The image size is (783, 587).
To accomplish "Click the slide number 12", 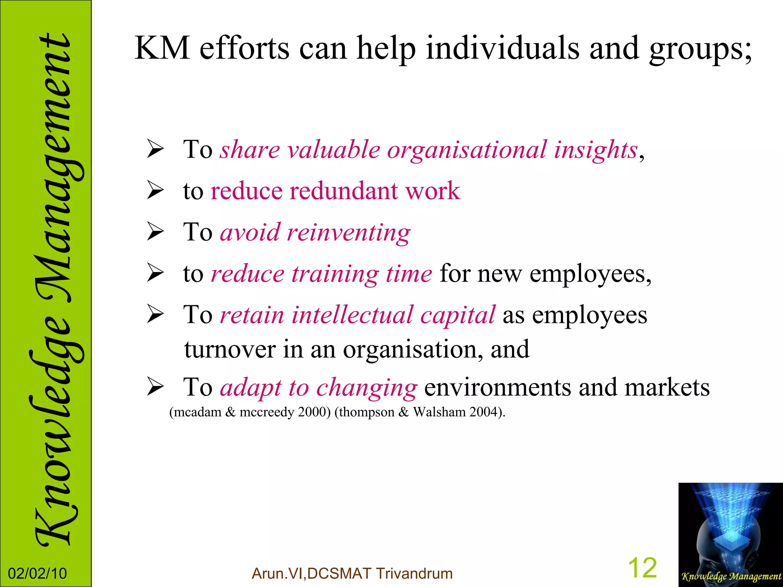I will [x=642, y=568].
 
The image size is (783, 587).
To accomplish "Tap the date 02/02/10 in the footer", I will [x=37, y=574].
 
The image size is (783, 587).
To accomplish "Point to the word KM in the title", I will [x=162, y=48].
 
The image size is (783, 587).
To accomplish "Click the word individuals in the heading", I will [x=503, y=48].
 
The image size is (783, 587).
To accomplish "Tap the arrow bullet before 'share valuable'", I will [x=156, y=150].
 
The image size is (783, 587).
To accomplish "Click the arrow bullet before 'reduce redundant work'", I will [x=156, y=191].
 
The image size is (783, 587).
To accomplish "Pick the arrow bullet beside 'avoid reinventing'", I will [x=156, y=232].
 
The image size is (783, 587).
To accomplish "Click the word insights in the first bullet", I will [x=596, y=150].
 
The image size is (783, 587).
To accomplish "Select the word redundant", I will [x=343, y=191].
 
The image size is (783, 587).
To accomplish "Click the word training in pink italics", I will [x=335, y=274].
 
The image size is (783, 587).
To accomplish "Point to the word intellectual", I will [x=352, y=315].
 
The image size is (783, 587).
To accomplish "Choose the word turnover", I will [x=229, y=349].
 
